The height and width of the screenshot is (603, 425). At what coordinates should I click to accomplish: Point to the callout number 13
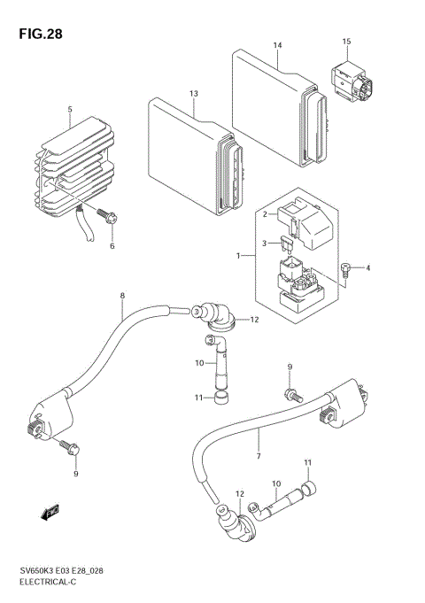pos(193,94)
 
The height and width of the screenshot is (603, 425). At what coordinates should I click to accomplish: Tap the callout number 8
pos(121,295)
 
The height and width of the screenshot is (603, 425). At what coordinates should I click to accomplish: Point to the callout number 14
pos(277,44)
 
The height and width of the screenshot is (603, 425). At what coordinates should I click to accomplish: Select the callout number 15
pos(347,42)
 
